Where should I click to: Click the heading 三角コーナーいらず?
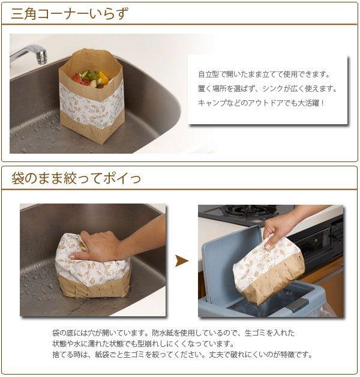coord(70,14)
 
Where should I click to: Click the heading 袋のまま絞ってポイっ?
coord(76,178)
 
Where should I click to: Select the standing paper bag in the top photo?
coord(91,96)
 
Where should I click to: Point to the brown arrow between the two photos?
coord(182,261)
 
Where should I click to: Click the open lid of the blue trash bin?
coord(231,262)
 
